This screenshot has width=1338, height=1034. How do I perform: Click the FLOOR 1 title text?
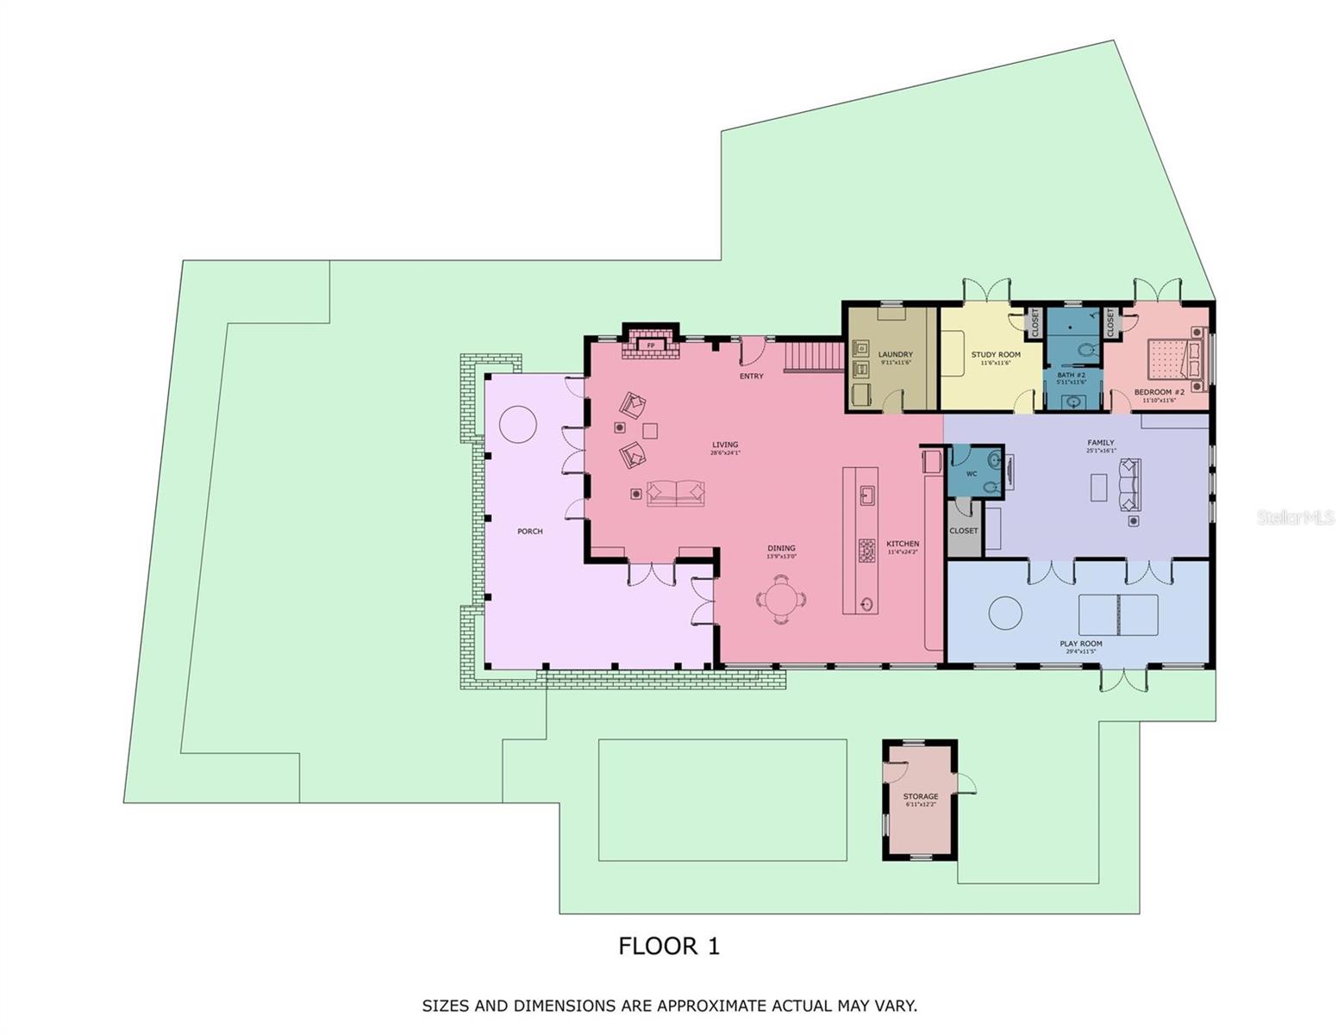tap(668, 946)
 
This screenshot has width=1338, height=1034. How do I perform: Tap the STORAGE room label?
tap(920, 796)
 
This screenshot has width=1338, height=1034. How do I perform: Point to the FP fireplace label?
tap(651, 346)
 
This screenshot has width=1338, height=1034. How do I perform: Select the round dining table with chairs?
tap(781, 598)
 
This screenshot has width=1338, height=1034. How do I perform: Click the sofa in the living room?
tap(675, 493)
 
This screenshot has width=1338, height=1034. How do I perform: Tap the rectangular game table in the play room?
tap(1118, 614)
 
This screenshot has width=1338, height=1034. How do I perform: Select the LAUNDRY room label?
tap(895, 354)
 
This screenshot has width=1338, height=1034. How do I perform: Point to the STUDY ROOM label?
tap(995, 354)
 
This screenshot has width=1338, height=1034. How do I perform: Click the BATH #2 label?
tap(1071, 375)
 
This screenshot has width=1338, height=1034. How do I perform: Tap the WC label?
tap(971, 474)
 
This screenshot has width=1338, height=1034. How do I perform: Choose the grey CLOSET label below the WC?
tap(963, 531)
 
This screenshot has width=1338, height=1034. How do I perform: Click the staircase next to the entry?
tap(813, 357)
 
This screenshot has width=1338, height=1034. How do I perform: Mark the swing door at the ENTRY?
tap(752, 350)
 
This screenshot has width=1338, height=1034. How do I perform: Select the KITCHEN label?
tap(903, 544)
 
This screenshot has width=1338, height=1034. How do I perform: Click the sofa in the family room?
tap(1129, 485)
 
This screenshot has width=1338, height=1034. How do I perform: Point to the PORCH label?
tap(529, 532)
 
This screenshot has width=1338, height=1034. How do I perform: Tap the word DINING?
tap(781, 548)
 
